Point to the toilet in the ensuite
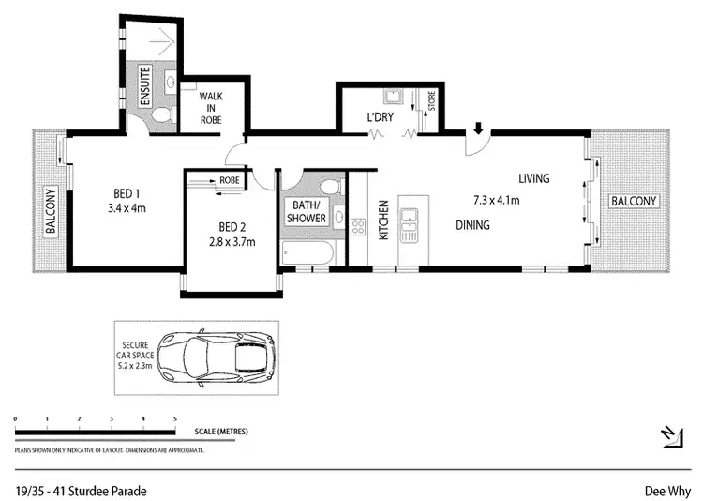(x=162, y=115)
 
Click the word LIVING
(x=534, y=178)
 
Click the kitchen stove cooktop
(x=357, y=225)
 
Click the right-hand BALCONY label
(x=635, y=202)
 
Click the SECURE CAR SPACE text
(x=136, y=347)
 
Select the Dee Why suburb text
(x=663, y=490)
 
